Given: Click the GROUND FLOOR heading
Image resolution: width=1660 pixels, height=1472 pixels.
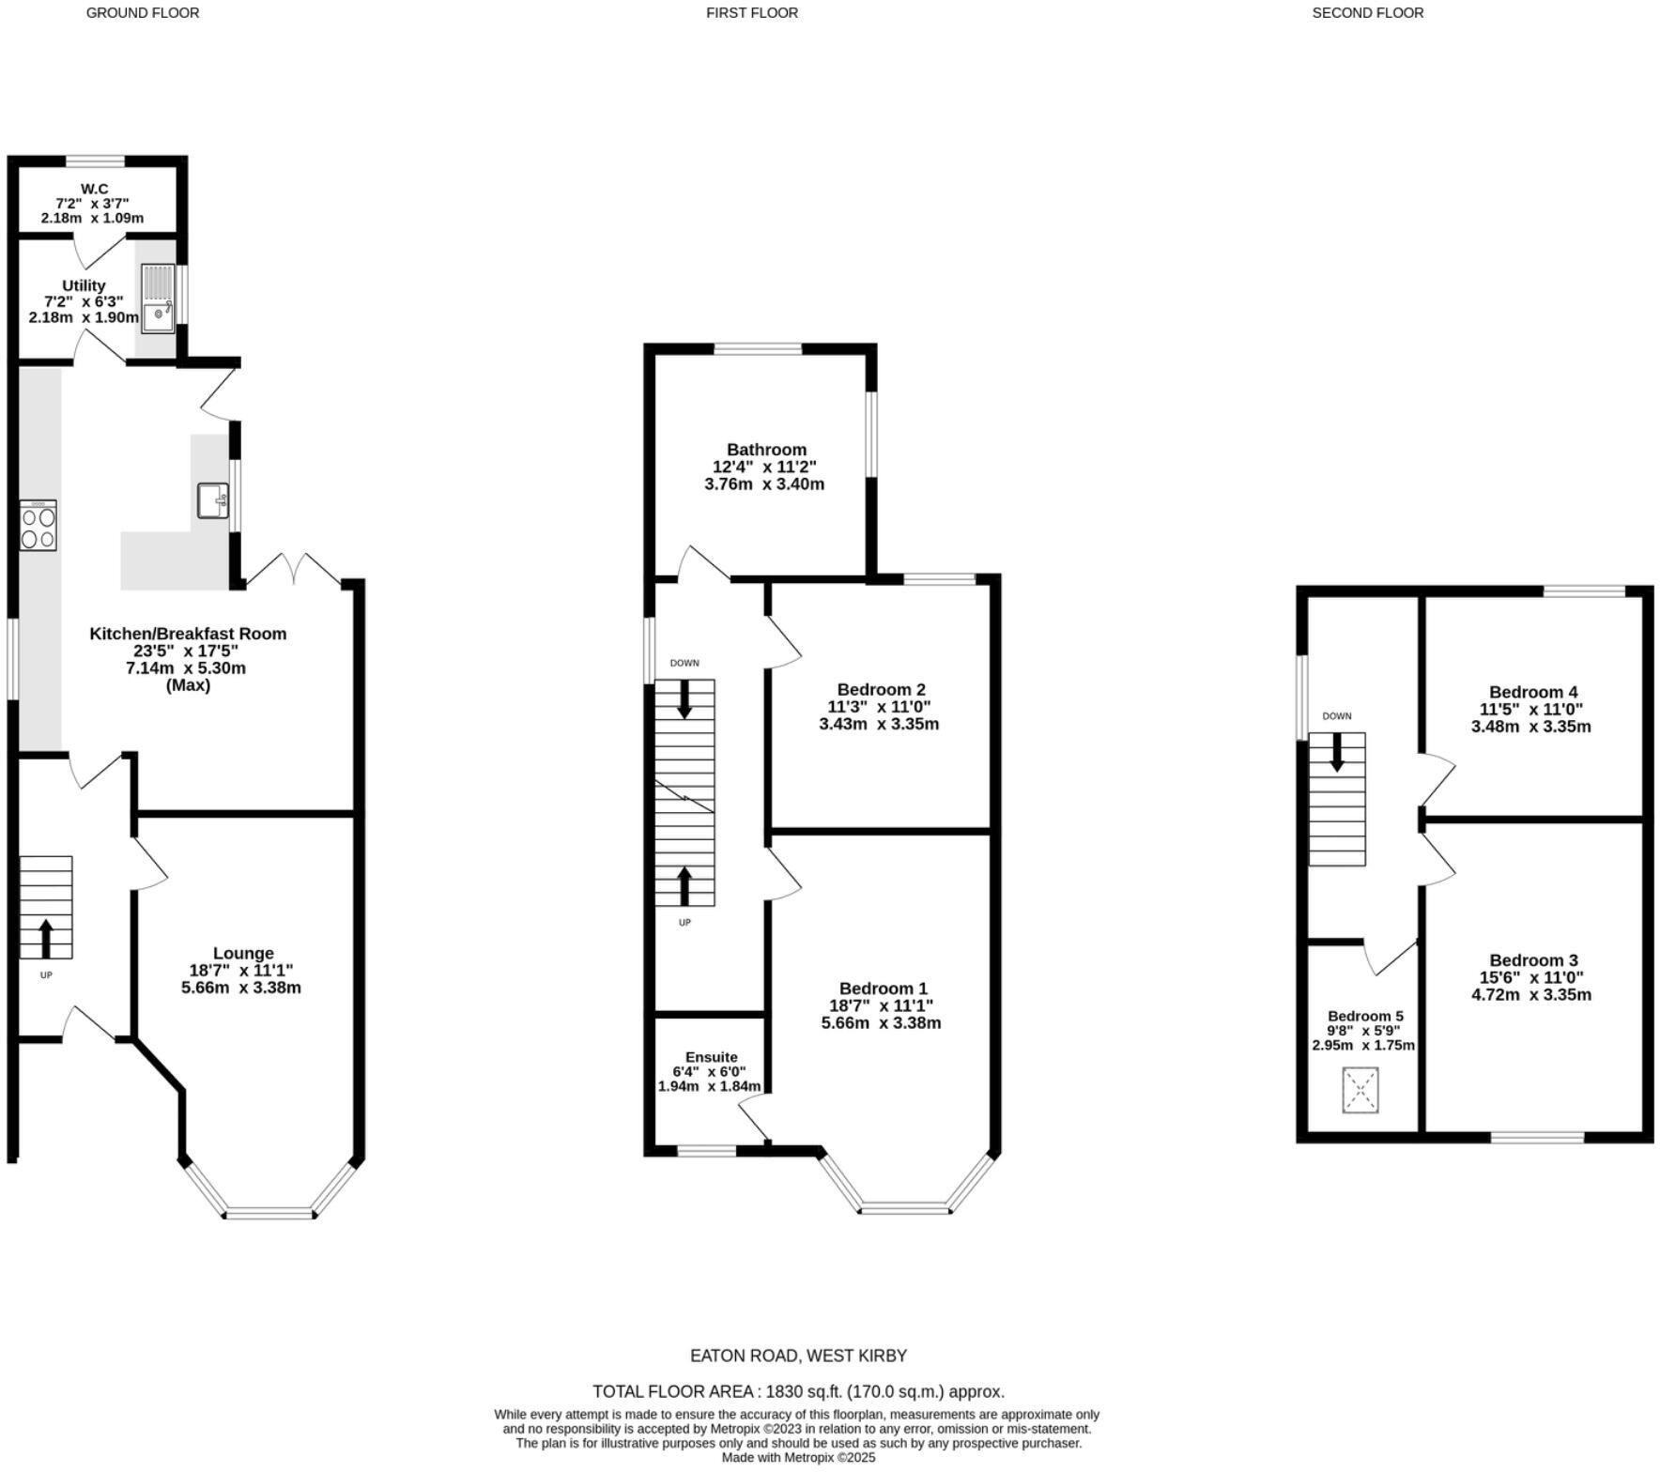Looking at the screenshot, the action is [143, 13].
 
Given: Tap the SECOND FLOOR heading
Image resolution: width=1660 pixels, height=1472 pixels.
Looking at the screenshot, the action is [1367, 13].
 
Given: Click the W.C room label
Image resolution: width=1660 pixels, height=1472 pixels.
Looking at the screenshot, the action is [94, 189].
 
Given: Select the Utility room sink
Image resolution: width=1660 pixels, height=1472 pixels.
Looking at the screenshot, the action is [158, 299].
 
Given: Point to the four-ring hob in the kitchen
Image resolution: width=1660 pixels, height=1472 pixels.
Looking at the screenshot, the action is [38, 526].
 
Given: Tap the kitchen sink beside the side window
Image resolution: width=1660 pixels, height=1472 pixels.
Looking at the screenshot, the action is [213, 500].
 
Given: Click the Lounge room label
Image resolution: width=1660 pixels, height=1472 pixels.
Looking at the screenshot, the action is [243, 953].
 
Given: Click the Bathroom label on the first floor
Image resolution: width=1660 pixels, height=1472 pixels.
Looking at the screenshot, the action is [766, 450].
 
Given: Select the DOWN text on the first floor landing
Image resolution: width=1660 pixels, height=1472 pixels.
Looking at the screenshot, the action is [684, 663].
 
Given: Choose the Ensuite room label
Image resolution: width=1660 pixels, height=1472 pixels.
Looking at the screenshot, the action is [711, 1057].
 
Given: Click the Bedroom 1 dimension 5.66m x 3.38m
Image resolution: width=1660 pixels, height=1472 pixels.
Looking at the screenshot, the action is [881, 1023].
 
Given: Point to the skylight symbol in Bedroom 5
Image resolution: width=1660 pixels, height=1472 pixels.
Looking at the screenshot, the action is [1360, 1090].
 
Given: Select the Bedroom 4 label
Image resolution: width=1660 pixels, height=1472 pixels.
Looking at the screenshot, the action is [1533, 693].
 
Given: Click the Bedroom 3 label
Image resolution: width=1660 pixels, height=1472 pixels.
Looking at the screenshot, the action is [1533, 960].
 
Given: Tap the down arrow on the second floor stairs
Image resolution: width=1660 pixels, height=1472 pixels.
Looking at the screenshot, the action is [1337, 752].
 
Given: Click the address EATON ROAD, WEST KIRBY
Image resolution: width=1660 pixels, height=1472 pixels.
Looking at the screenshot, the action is [798, 1356].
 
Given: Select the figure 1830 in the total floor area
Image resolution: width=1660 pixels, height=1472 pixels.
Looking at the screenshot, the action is [785, 1391].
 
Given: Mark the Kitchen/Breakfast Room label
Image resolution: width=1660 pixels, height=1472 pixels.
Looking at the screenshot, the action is [188, 634].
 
